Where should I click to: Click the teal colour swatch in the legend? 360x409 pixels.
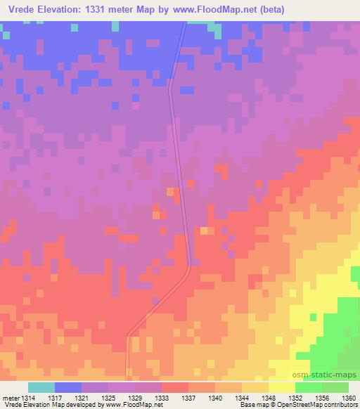pyautogui.click(x=41, y=387)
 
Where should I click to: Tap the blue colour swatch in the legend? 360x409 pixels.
pyautogui.click(x=68, y=387)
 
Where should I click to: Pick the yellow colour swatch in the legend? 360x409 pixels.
pyautogui.click(x=282, y=387)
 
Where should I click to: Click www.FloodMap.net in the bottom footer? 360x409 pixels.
pyautogui.click(x=133, y=405)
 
